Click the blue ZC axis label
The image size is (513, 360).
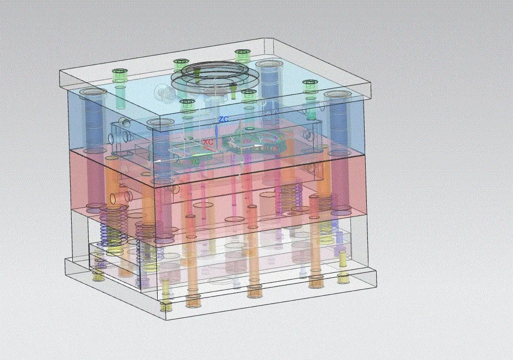point(223,119)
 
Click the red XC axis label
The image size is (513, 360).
point(208,142)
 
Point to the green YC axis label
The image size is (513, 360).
point(194,162)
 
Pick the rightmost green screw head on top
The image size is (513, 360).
point(310,84)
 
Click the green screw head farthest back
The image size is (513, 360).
point(242,53)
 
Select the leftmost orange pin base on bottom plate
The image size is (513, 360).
point(193,300)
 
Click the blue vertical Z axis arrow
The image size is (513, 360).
point(218,132)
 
